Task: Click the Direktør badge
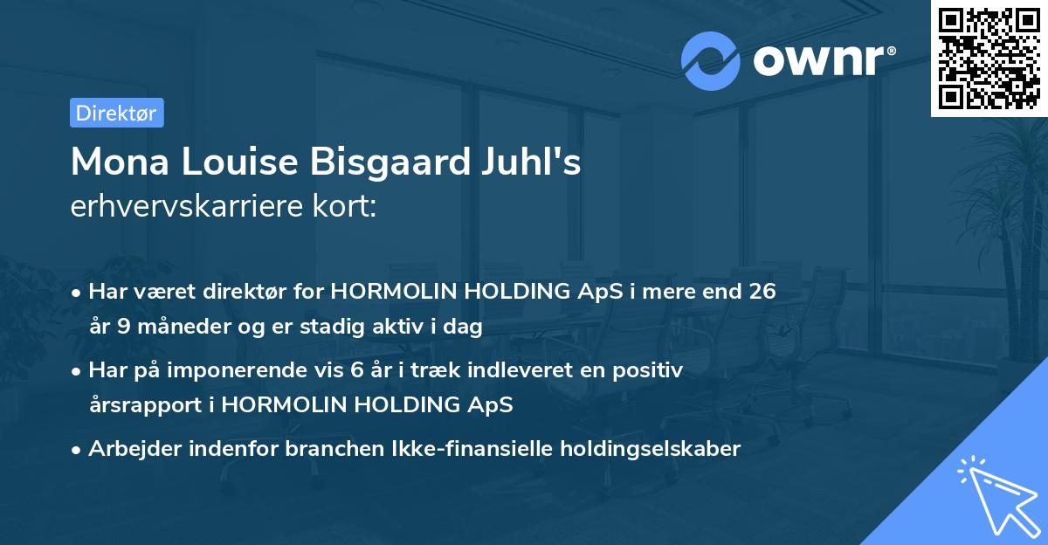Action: coord(116,113)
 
